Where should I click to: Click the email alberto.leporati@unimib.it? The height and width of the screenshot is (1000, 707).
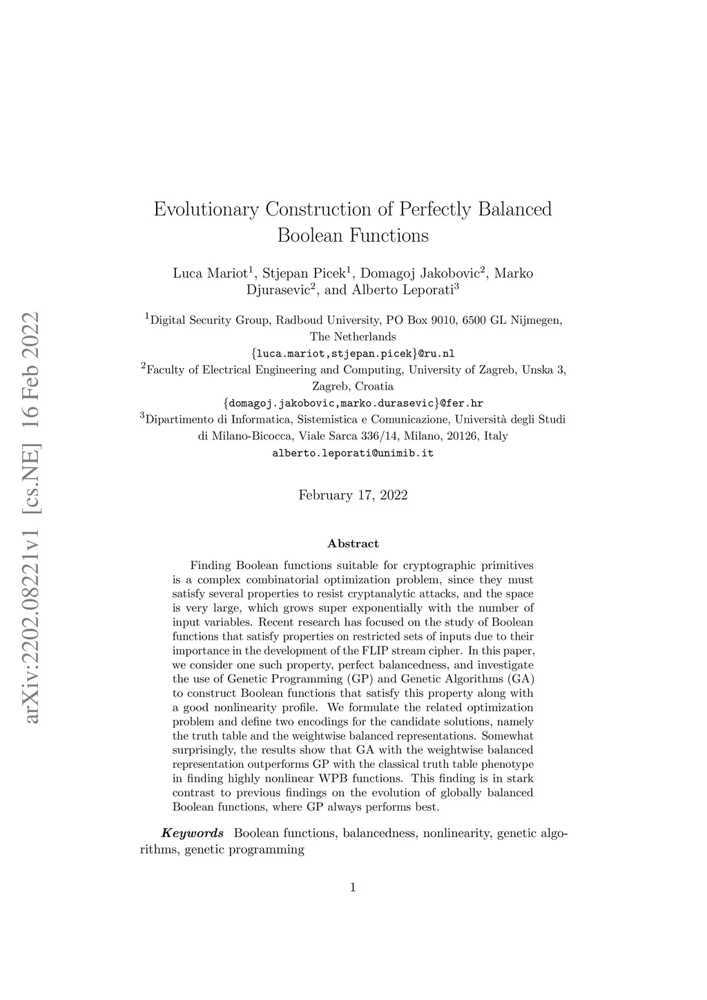point(353,454)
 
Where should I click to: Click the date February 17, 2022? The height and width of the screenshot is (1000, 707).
point(353,495)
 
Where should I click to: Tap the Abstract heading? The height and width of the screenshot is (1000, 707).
point(353,544)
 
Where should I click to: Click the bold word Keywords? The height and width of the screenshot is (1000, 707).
point(193,834)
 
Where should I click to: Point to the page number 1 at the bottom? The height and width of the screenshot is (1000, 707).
point(353,887)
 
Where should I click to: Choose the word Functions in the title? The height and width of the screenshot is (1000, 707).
point(389,236)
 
